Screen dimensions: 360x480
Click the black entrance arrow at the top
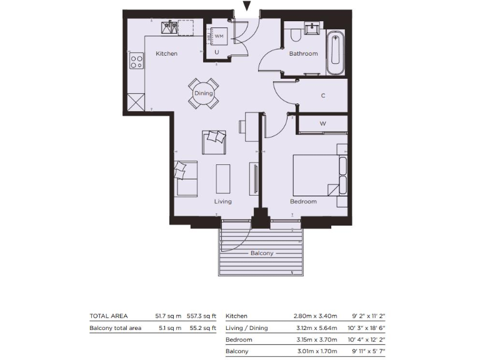point(247,7)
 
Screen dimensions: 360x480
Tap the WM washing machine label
point(219,37)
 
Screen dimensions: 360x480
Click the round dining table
point(204,93)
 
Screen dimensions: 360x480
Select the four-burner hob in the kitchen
point(136,61)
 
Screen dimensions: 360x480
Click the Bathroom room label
point(303,54)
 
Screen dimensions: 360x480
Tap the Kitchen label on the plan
point(166,54)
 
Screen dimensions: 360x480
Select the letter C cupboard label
point(323,96)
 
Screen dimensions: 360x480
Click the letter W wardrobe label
point(323,124)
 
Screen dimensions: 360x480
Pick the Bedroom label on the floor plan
point(303,202)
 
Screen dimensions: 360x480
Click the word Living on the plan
point(222,202)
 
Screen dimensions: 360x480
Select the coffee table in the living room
point(222,178)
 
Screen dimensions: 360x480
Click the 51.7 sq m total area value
point(167,316)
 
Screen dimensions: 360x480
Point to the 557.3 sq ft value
point(201,316)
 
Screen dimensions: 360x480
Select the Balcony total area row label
point(116,328)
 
